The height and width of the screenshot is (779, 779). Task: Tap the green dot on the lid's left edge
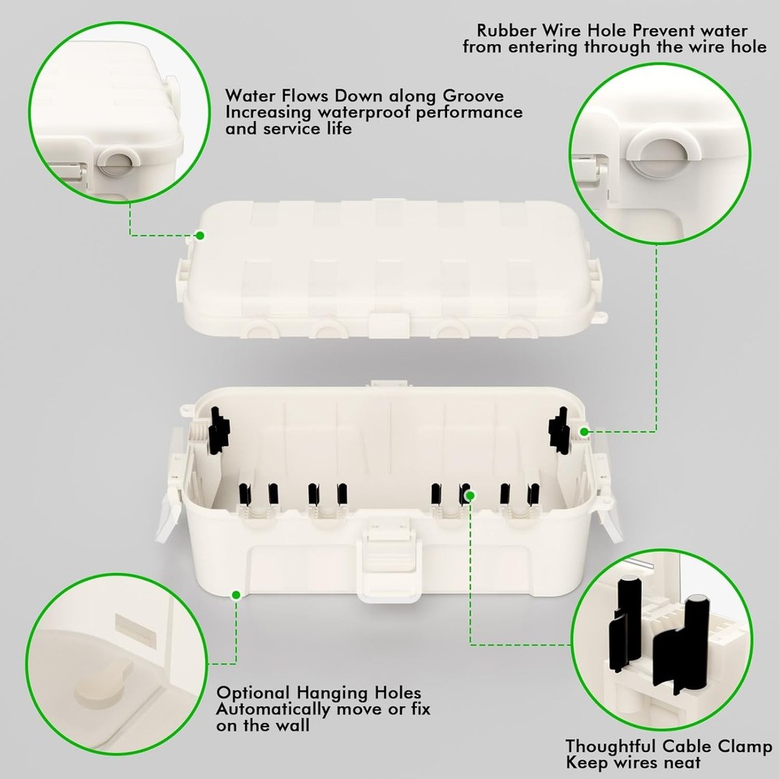coord(199,235)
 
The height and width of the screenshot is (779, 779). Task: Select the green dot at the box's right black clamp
coord(584,431)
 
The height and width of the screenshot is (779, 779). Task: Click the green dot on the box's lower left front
coord(235,595)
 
